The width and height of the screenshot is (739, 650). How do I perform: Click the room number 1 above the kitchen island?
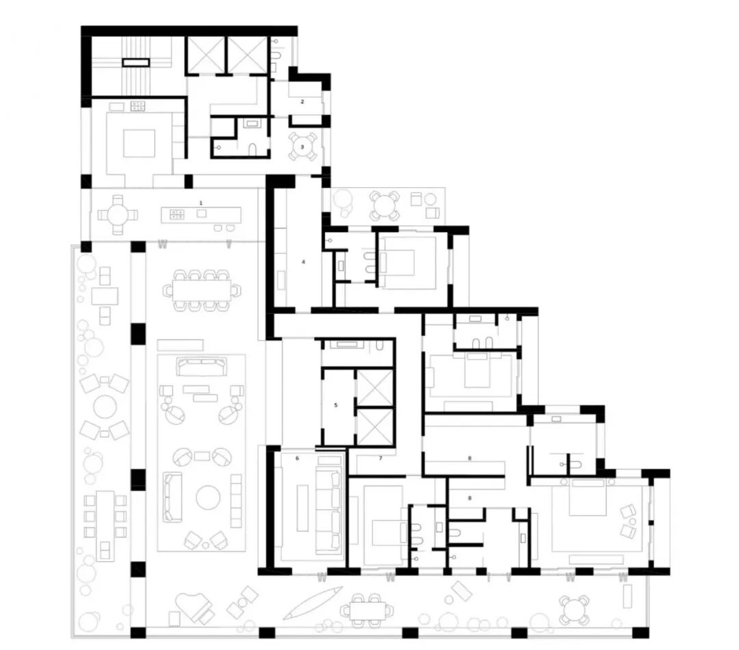pyautogui.click(x=200, y=203)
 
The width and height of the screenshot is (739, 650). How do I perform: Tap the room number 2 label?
pyautogui.click(x=302, y=101)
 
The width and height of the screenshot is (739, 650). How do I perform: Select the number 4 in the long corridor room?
pyautogui.click(x=304, y=261)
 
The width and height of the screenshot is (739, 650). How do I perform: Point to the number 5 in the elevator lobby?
pyautogui.click(x=335, y=405)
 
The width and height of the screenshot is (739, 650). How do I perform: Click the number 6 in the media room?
pyautogui.click(x=298, y=458)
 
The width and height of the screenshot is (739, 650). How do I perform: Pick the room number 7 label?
pyautogui.click(x=381, y=458)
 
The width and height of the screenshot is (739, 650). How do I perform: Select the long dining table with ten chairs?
pyautogui.click(x=202, y=290)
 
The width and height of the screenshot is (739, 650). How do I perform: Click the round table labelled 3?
pyautogui.click(x=302, y=146)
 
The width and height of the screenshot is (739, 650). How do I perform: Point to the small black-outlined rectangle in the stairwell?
pyautogui.click(x=135, y=62)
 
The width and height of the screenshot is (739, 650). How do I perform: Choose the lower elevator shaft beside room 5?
pyautogui.click(x=375, y=426)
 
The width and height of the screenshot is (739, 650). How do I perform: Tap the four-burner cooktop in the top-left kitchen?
pyautogui.click(x=138, y=106)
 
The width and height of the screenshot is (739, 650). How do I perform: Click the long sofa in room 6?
pyautogui.click(x=329, y=502)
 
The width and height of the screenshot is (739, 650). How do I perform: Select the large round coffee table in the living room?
pyautogui.click(x=208, y=497)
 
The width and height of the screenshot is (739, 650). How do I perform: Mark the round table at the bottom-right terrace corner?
pyautogui.click(x=573, y=608)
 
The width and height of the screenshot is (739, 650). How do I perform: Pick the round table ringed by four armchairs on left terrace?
pyautogui.click(x=105, y=406)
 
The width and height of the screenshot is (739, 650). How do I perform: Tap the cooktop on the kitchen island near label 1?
pyautogui.click(x=177, y=215)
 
